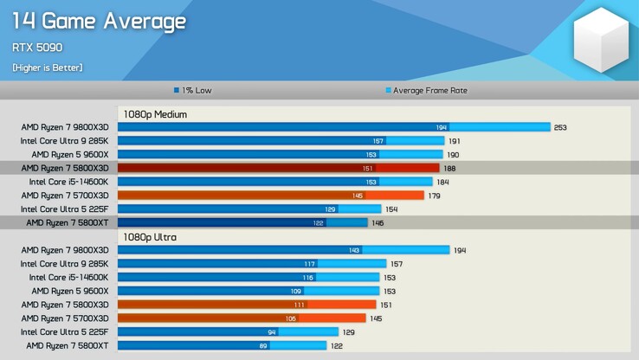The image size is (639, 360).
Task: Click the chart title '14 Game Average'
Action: (x=98, y=21)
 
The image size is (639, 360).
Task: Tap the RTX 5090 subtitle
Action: (x=36, y=48)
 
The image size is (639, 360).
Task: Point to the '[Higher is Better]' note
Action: (x=48, y=67)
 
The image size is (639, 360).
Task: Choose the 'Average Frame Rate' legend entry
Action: (x=426, y=90)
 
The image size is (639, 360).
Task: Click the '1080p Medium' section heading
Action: (x=154, y=113)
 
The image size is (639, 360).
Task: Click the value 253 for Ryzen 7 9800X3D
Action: (x=560, y=127)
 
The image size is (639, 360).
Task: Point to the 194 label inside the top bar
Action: (x=442, y=127)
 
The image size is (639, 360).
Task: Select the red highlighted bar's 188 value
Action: (x=450, y=168)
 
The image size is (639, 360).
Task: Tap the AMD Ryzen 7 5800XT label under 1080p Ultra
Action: (x=67, y=345)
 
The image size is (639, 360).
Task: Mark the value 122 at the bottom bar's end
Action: (x=337, y=345)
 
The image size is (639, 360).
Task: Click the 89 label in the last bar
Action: (x=262, y=345)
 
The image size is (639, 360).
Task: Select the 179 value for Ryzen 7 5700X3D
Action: (x=435, y=196)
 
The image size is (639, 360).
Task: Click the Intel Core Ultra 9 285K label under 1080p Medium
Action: (x=64, y=141)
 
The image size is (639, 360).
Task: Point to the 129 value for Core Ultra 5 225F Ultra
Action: (x=348, y=331)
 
